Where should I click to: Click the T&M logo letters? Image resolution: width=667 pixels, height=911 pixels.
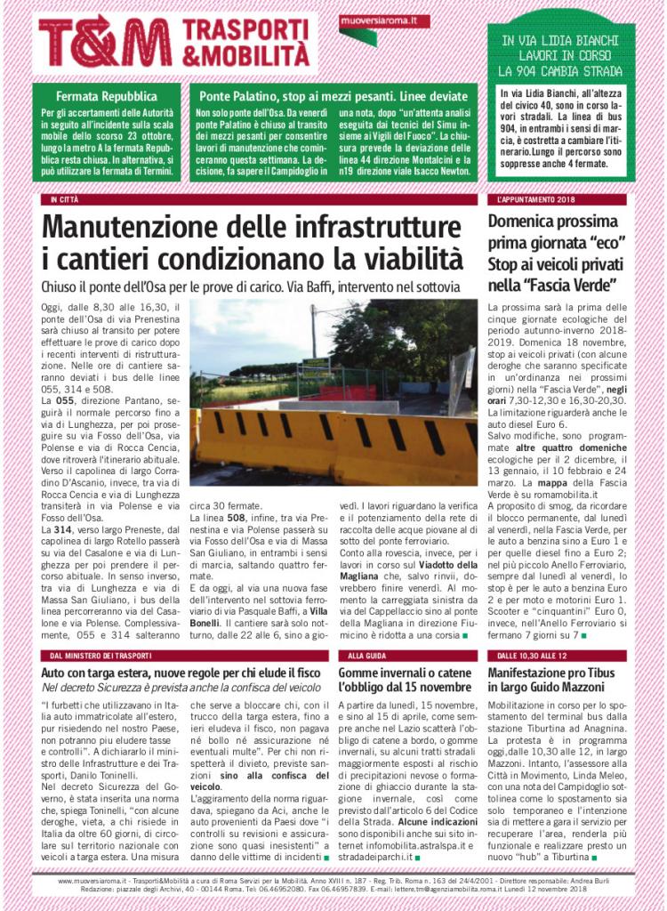coord(105,41)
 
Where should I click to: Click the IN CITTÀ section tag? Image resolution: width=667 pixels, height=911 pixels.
coord(65,199)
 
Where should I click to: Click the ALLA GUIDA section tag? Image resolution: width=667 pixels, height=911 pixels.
coord(363,656)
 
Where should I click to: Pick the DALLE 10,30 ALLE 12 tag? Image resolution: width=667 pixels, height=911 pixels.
coord(526,656)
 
